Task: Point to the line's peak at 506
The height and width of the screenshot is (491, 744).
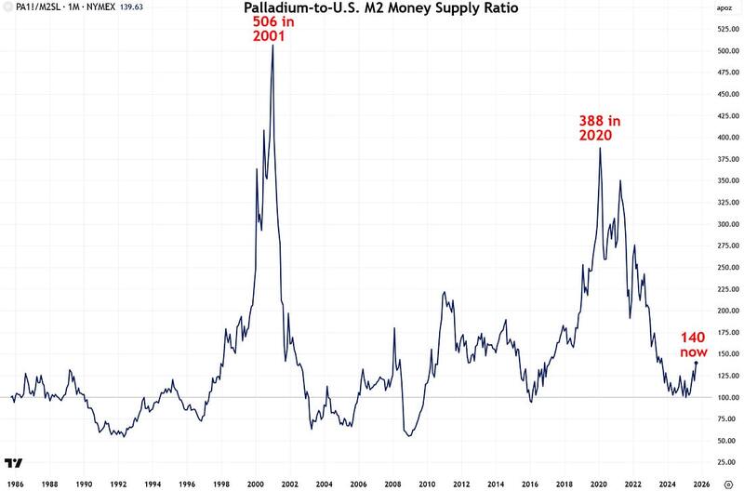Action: click(272, 46)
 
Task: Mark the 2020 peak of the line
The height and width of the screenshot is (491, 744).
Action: click(600, 148)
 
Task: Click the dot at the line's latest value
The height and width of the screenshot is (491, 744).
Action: click(697, 363)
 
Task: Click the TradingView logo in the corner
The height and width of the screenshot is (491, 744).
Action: click(14, 462)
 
